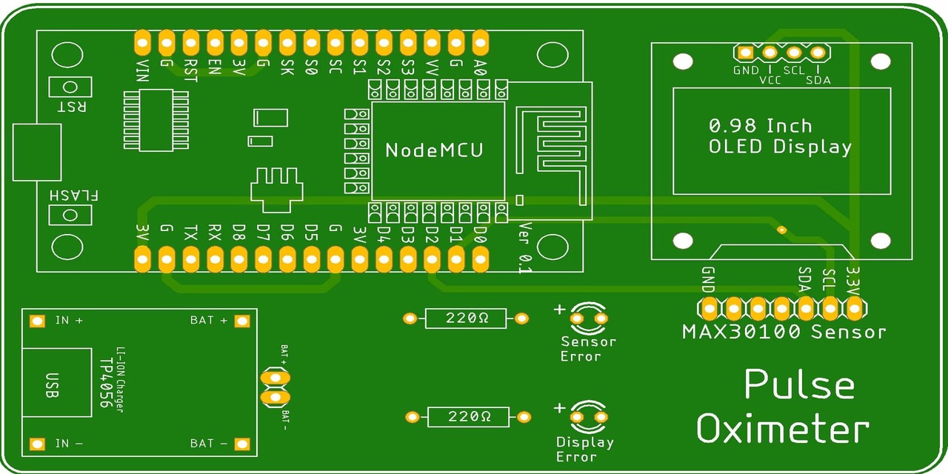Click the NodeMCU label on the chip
pos(434,150)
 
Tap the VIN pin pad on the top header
pos(142,42)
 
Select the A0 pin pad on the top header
pos(480,42)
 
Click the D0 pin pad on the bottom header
pos(480,259)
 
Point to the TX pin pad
pos(190,259)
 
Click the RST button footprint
pos(70,87)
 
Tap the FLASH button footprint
pos(70,216)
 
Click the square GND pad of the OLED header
pos(745,53)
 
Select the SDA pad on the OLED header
pos(818,53)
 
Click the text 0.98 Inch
pos(760,125)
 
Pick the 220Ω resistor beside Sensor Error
pos(466,318)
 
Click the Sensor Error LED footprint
pos(589,318)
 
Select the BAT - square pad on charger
pos(241,444)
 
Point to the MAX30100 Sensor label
pos(784,332)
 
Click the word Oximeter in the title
pos(782,430)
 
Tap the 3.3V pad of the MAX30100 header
pos(854,307)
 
